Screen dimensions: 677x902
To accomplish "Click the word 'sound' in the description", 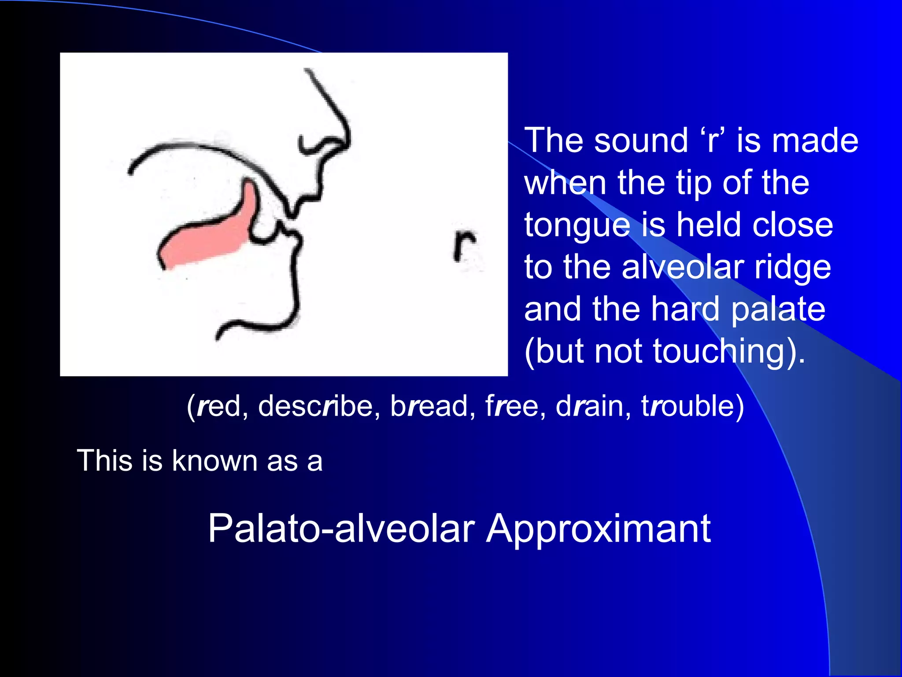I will point(640,141).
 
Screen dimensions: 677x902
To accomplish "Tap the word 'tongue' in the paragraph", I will point(577,226).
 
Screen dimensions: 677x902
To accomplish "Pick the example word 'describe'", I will point(315,406).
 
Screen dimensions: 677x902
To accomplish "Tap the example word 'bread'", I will point(429,406).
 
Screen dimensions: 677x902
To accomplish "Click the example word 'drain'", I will point(590,406).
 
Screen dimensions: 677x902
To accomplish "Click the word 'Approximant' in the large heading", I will point(599,528).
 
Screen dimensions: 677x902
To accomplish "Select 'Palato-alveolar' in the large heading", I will point(341,528).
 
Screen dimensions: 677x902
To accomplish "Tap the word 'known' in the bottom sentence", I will point(215,461).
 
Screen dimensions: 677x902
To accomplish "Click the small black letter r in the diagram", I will point(464,245).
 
